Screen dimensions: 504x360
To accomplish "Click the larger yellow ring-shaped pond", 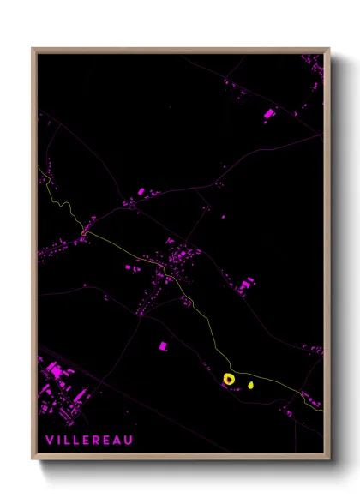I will [229, 378].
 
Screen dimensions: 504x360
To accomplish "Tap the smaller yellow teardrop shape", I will [250, 384].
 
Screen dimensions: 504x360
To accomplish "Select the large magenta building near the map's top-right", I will [268, 113].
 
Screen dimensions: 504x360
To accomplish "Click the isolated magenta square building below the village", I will [162, 345].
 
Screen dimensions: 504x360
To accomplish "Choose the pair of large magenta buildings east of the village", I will [247, 283].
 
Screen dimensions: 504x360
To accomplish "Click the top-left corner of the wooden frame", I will [33, 50].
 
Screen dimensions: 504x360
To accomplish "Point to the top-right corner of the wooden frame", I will [328, 50].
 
